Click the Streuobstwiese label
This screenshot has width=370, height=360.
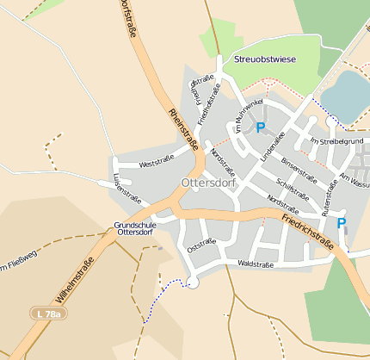click(x=265, y=59)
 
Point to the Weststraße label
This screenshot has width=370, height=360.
click(x=156, y=160)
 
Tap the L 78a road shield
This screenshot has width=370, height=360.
click(x=48, y=314)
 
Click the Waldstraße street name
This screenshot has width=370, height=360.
click(x=256, y=264)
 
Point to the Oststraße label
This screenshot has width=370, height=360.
click(x=201, y=245)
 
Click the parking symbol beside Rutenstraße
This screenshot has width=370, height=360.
click(x=341, y=224)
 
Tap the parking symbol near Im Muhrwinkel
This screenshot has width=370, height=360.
click(x=260, y=128)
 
